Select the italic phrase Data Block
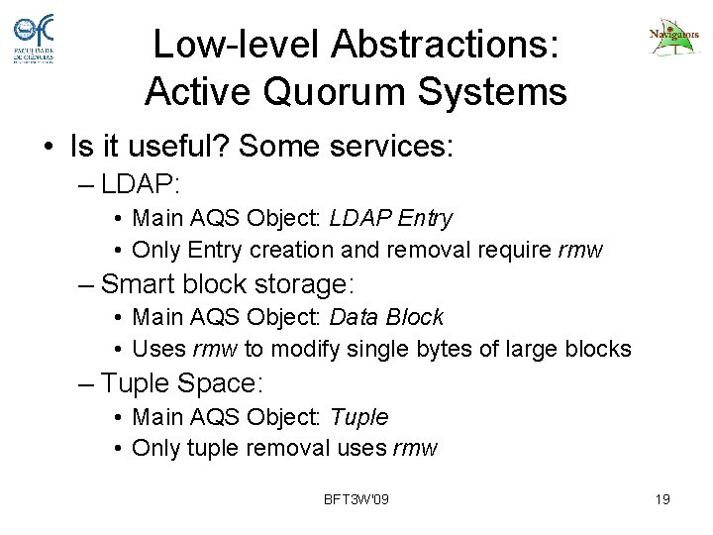(393, 317)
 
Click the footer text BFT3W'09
(356, 499)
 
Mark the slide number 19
(663, 499)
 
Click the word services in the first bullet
(389, 149)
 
